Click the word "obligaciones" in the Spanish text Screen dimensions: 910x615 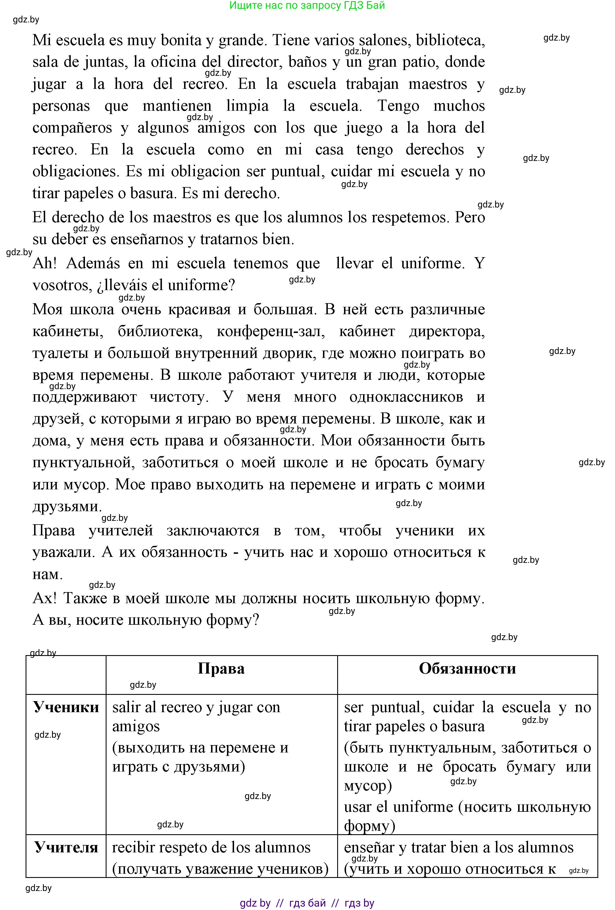tap(75, 171)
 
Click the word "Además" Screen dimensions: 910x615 tap(93, 263)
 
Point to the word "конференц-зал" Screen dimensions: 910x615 tap(271, 331)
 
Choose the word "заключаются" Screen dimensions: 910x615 tap(213, 530)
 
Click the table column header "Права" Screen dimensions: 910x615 tap(221, 668)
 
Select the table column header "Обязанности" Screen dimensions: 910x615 tap(467, 668)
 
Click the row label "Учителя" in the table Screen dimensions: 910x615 tap(66, 847)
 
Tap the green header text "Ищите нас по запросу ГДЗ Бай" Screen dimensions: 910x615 tap(307, 5)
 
